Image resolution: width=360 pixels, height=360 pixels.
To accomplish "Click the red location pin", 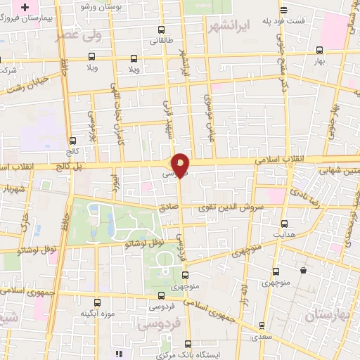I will (181, 164).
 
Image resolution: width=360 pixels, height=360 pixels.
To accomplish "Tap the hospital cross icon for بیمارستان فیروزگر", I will (26, 8).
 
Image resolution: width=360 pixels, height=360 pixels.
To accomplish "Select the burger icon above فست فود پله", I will (283, 10).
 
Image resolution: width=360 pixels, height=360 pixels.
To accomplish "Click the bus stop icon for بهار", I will (320, 51).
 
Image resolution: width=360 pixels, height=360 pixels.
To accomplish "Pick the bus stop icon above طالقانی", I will (162, 30).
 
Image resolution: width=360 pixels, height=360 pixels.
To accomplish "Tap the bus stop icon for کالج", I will (73, 140).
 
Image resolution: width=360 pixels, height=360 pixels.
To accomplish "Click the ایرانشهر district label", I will (230, 27).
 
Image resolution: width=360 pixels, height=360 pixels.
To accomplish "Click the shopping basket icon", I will (303, 270).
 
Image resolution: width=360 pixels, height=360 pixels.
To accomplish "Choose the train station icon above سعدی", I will (262, 326).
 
